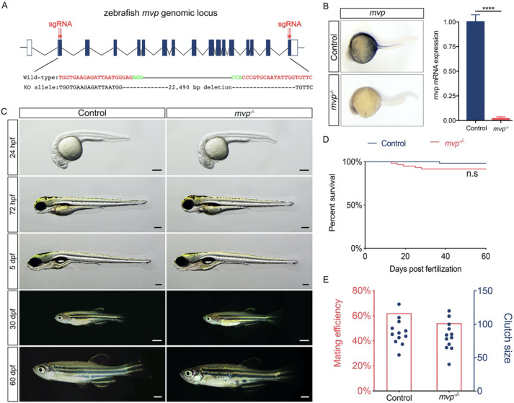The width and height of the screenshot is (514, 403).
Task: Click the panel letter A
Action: tap(6, 6)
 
